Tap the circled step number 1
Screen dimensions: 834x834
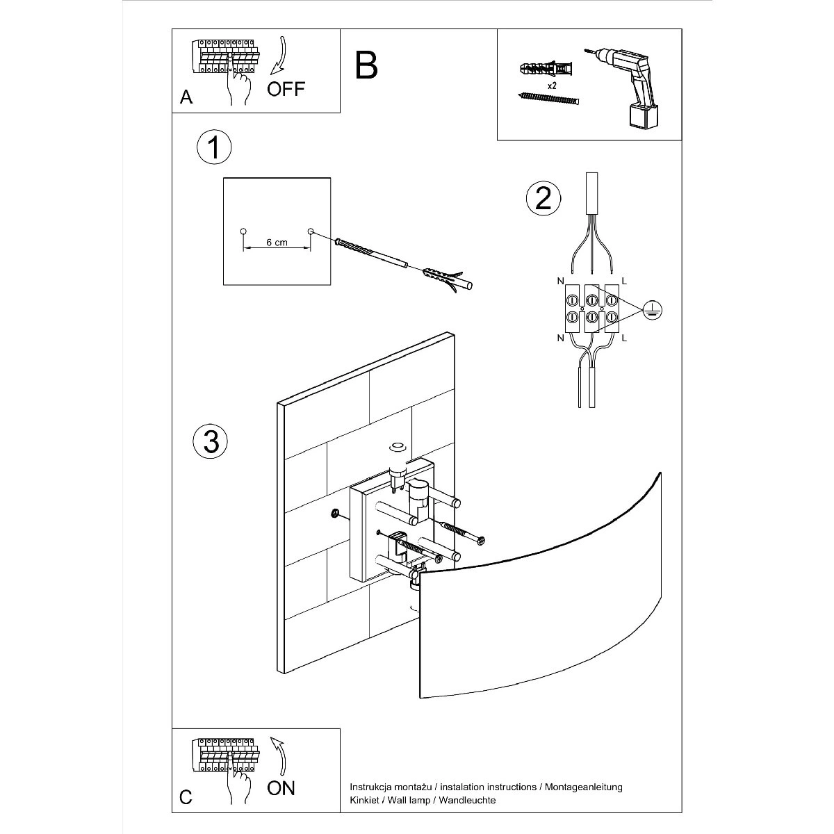pyautogui.click(x=214, y=147)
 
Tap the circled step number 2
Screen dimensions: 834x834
pyautogui.click(x=543, y=198)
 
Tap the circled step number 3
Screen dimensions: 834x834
pyautogui.click(x=211, y=441)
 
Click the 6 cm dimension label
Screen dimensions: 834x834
pyautogui.click(x=277, y=243)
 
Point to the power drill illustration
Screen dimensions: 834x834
pyautogui.click(x=629, y=83)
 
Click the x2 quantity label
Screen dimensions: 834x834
pyautogui.click(x=552, y=85)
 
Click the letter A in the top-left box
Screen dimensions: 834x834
pyautogui.click(x=186, y=97)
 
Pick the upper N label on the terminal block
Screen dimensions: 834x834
pyautogui.click(x=560, y=281)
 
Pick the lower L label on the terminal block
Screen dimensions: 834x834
pyautogui.click(x=623, y=338)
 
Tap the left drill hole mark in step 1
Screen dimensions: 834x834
pyautogui.click(x=243, y=231)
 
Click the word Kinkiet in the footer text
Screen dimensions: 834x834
pyautogui.click(x=364, y=801)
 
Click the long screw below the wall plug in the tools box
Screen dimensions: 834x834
pyautogui.click(x=549, y=99)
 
